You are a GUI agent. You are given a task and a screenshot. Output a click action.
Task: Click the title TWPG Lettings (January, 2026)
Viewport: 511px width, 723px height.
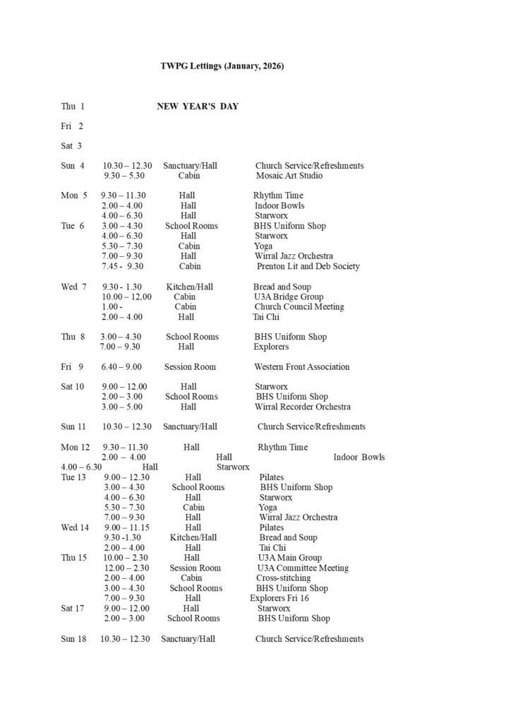222,66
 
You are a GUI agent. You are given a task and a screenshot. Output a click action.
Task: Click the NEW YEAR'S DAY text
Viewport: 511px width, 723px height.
198,107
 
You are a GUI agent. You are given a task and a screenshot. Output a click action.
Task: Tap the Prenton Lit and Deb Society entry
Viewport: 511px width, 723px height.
308,266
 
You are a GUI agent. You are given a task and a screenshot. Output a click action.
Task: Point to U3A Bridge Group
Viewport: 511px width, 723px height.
289,297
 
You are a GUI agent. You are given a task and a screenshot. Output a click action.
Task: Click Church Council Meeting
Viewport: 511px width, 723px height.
299,306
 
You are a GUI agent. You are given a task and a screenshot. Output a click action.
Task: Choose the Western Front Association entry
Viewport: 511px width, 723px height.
302,366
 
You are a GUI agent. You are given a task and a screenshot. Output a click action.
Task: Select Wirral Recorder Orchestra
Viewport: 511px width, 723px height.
303,407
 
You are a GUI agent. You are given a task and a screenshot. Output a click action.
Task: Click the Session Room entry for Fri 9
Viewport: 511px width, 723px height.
190,366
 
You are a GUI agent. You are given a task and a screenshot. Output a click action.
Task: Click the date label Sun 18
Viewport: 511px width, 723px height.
73,638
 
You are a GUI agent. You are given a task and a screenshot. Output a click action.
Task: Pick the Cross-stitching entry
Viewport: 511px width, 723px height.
283,578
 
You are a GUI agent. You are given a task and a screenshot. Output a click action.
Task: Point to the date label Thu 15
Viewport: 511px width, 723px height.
73,558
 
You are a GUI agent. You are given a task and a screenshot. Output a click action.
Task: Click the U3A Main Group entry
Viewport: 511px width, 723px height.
290,558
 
